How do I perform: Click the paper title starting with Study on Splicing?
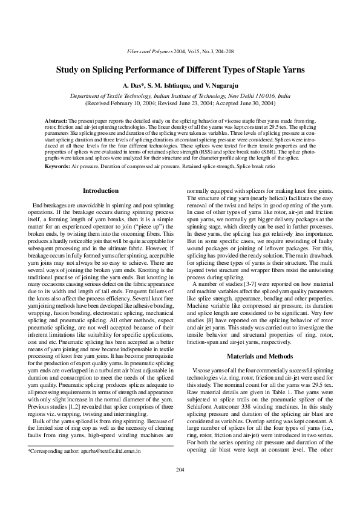(180, 70)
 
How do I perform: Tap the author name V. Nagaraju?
(216, 86)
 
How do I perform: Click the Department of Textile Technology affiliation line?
(180, 96)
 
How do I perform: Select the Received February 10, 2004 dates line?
(180, 103)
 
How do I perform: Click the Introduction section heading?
(100, 191)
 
